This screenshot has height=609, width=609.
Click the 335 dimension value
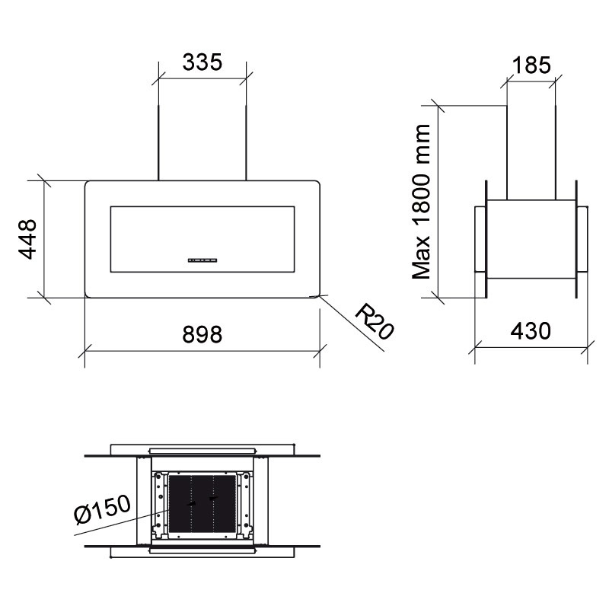(202, 62)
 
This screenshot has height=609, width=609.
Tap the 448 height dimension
(28, 239)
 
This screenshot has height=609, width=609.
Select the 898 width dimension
(202, 334)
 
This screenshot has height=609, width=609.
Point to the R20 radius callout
(375, 322)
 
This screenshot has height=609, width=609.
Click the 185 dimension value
(531, 65)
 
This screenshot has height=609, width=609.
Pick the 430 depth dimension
(531, 331)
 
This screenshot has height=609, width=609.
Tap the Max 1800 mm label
(422, 202)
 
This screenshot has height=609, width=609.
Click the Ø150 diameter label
(102, 509)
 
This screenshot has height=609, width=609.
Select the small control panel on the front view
(202, 260)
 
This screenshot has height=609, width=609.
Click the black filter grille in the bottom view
(202, 503)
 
